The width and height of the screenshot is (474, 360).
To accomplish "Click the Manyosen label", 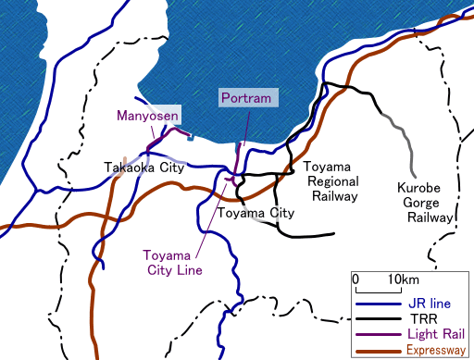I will pyautogui.click(x=146, y=116).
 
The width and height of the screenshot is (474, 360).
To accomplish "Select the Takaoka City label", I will pyautogui.click(x=143, y=168).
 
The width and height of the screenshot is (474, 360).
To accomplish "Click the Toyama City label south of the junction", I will pyautogui.click(x=255, y=214).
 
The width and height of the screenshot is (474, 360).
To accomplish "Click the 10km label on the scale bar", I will pyautogui.click(x=403, y=279).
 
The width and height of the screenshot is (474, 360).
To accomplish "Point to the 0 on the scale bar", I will pyautogui.click(x=356, y=279).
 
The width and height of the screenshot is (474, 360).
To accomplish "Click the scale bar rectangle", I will pyautogui.click(x=378, y=289).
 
